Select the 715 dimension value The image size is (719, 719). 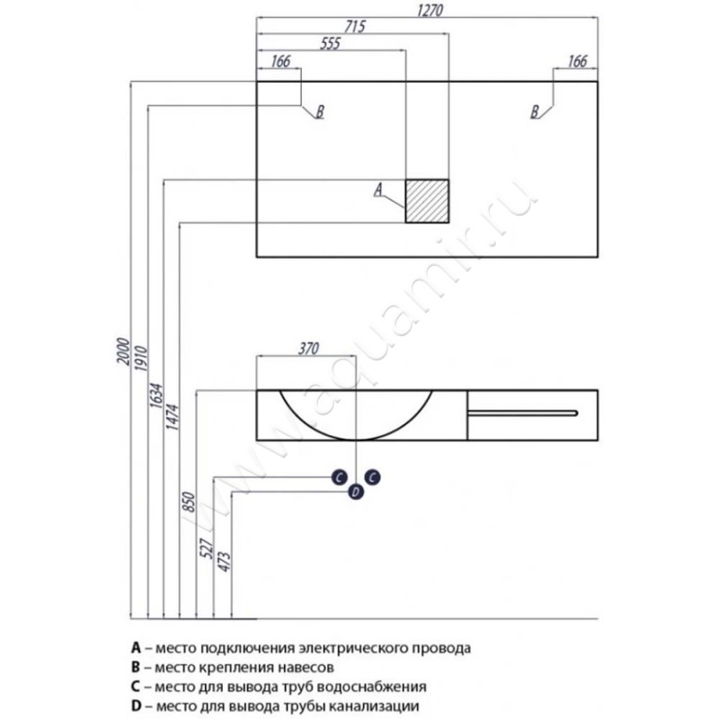coord(352,27)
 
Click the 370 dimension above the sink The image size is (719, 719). coord(307,348)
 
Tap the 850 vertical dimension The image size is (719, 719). coord(190,501)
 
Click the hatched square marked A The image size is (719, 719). coord(426,200)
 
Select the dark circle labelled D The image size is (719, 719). coord(355,491)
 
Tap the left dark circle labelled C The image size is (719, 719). coord(339,477)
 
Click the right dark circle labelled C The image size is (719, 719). coord(372,477)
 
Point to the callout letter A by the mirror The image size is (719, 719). coord(378,189)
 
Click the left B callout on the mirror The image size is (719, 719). coord(317,112)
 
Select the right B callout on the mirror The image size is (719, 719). coord(535,112)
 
